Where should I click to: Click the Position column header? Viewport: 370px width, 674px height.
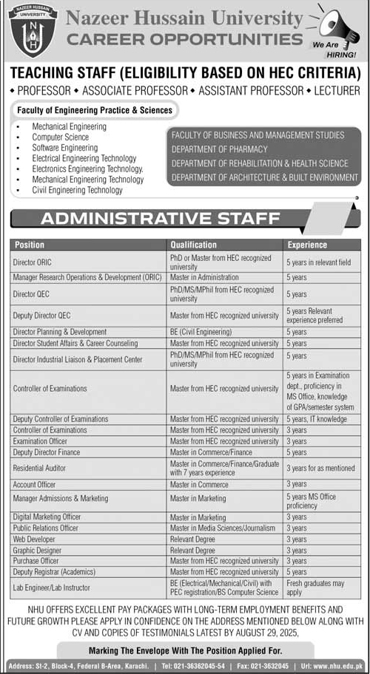pyautogui.click(x=29, y=245)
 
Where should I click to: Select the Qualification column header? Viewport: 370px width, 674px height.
pyautogui.click(x=193, y=245)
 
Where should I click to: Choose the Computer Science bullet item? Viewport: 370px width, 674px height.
pyautogui.click(x=60, y=137)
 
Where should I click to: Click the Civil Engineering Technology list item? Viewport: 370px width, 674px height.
pyautogui.click(x=77, y=190)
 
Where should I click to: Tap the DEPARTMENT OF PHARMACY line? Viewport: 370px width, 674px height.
pyautogui.click(x=219, y=149)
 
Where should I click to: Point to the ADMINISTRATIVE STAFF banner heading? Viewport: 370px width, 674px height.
pyautogui.click(x=159, y=218)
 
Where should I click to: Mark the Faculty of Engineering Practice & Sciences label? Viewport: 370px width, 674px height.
pyautogui.click(x=93, y=110)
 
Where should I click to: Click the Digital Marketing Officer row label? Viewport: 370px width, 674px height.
pyautogui.click(x=47, y=517)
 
